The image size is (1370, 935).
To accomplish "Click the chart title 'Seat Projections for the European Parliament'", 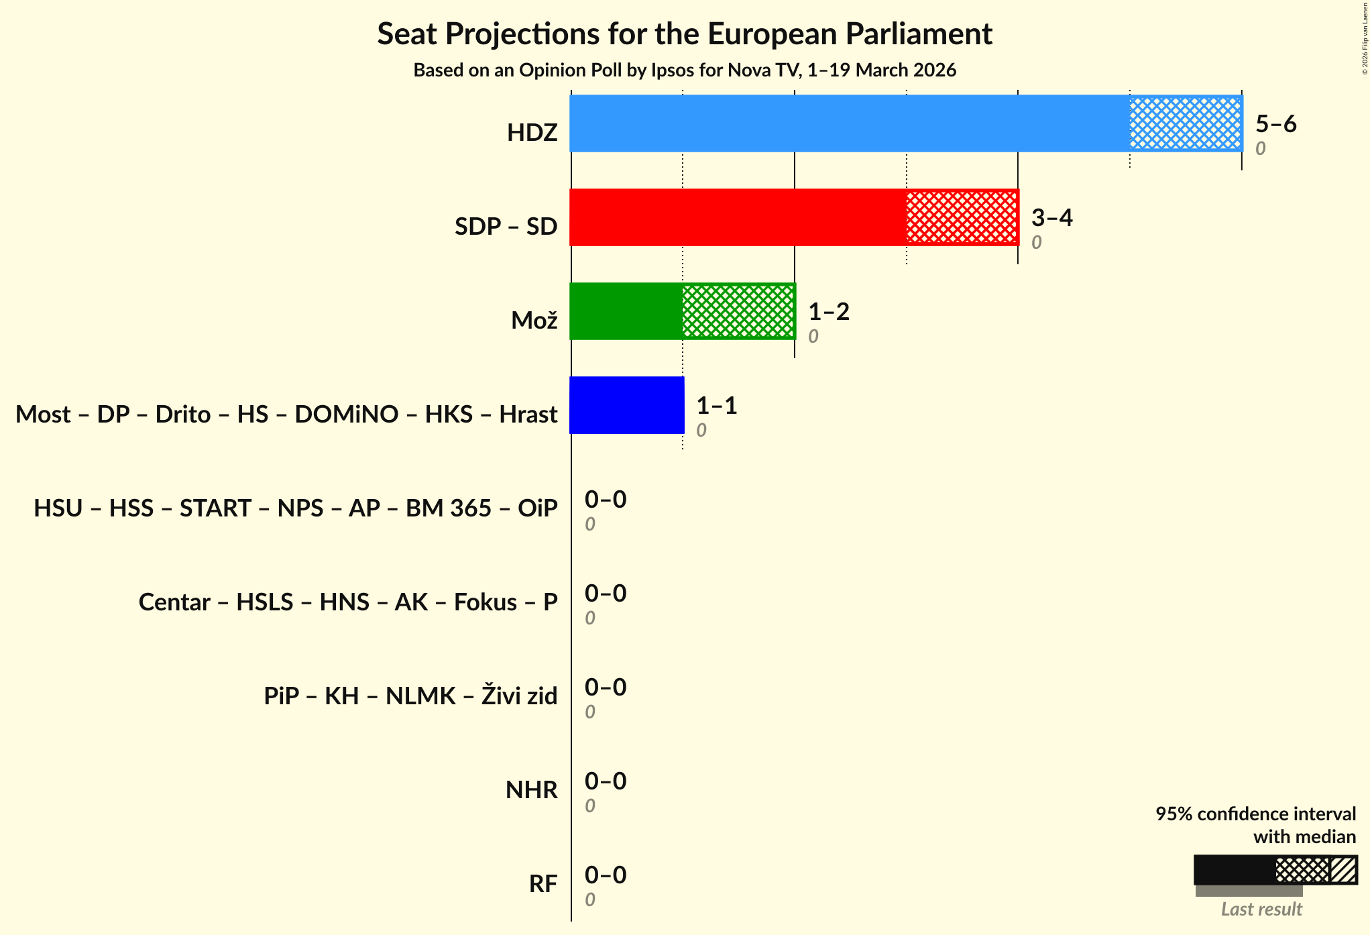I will pyautogui.click(x=685, y=34).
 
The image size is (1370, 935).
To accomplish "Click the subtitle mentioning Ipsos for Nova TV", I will pyautogui.click(x=685, y=70).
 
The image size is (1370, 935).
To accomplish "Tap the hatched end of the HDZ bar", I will pyautogui.click(x=1186, y=123).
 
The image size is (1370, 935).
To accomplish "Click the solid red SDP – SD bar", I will pyautogui.click(x=738, y=217).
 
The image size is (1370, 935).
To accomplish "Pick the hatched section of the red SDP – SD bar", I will pyautogui.click(x=962, y=217).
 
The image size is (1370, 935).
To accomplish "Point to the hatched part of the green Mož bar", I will pyautogui.click(x=738, y=311).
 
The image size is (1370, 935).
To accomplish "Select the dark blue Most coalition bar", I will pyautogui.click(x=627, y=405).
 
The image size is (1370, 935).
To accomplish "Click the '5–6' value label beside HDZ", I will pyautogui.click(x=1275, y=123).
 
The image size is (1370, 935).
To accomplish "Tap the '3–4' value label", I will pyautogui.click(x=1051, y=217).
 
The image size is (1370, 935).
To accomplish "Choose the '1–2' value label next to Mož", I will pyautogui.click(x=828, y=311).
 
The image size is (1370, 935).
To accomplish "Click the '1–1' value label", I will pyautogui.click(x=716, y=405).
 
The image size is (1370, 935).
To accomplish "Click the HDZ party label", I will pyautogui.click(x=532, y=133).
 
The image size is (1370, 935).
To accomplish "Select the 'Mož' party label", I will pyautogui.click(x=534, y=321).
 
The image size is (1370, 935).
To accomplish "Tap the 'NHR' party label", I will pyautogui.click(x=531, y=790).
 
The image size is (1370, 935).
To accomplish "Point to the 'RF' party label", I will pyautogui.click(x=543, y=884).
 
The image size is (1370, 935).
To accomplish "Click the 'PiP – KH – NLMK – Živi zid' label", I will pyautogui.click(x=410, y=696).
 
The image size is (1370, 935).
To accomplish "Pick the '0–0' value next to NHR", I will pyautogui.click(x=605, y=781).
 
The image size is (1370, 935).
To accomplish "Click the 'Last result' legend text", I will pyautogui.click(x=1261, y=909).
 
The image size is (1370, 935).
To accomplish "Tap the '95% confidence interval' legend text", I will pyautogui.click(x=1255, y=814).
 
